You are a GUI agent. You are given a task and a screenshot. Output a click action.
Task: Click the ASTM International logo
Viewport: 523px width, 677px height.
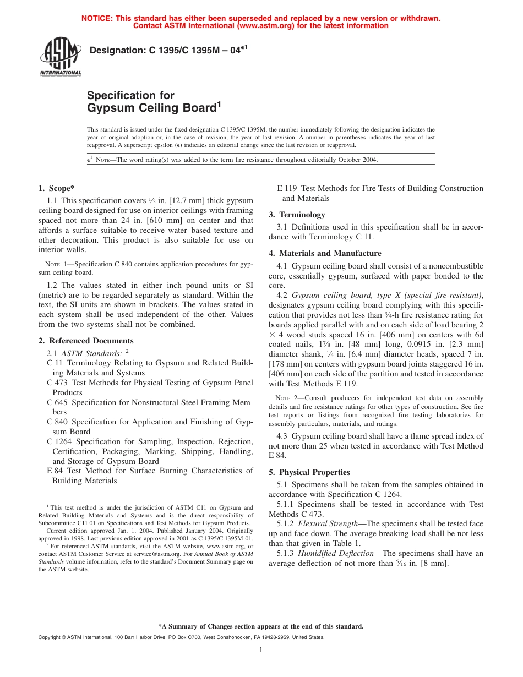pos(61,58)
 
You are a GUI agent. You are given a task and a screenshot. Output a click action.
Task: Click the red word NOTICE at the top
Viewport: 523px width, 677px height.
pos(97,18)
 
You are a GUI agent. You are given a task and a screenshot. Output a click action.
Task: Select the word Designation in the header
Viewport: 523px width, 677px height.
pos(117,51)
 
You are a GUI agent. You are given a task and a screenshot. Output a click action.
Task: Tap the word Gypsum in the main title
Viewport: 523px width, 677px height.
pos(108,108)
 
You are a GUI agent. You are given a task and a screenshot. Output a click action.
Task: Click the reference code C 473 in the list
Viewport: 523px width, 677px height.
pos(58,383)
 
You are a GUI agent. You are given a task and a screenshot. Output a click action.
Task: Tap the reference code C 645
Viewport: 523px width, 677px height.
pos(58,402)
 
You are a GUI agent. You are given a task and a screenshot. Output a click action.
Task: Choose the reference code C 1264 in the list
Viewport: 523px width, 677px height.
pos(59,441)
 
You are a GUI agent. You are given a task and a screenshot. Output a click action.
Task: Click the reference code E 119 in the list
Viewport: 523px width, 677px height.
pos(287,188)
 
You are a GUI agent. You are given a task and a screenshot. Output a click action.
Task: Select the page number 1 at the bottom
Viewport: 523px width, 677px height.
pos(261,650)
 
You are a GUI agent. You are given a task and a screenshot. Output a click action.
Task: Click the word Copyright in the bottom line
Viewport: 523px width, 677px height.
pos(51,637)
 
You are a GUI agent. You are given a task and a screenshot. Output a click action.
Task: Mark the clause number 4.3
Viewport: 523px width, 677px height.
pos(282,436)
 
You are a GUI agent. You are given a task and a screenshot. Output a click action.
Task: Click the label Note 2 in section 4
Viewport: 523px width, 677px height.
pos(282,398)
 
